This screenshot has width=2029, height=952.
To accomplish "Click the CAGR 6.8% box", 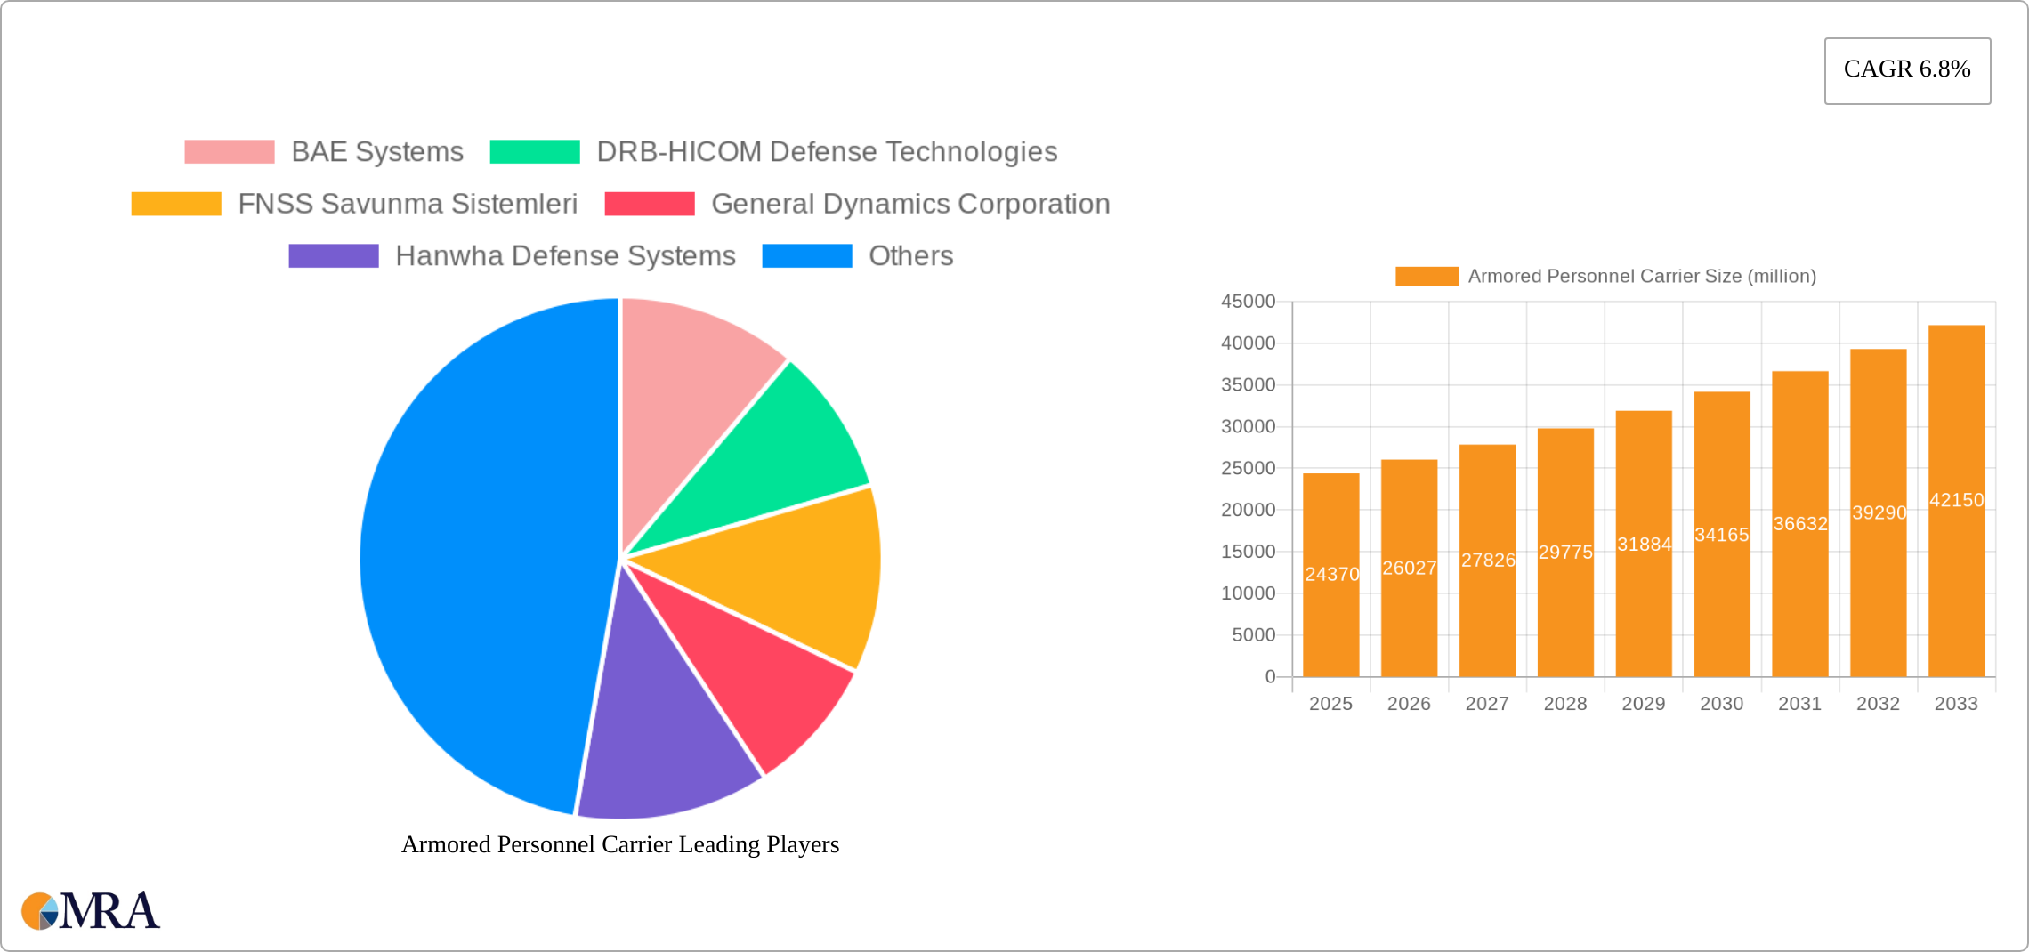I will [x=1907, y=70].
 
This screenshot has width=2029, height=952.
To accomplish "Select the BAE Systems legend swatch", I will [x=229, y=152].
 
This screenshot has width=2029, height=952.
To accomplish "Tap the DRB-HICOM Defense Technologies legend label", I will [x=827, y=152].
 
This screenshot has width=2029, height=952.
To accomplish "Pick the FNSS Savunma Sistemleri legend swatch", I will [x=175, y=204].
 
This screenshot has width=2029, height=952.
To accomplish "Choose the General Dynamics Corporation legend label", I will [x=910, y=204].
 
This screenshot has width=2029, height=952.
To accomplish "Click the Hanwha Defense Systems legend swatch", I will [x=333, y=256].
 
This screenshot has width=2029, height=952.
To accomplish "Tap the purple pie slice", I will [x=667, y=730].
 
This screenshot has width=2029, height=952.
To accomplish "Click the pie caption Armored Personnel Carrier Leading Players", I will [x=620, y=844].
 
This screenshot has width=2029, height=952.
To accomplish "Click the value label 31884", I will [x=1644, y=545].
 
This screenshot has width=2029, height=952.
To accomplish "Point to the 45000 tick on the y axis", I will [x=1248, y=302].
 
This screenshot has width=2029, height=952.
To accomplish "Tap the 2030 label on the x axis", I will [x=1721, y=704].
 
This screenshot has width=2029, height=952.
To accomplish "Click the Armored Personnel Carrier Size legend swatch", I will [x=1427, y=277].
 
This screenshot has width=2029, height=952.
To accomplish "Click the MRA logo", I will [x=90, y=911].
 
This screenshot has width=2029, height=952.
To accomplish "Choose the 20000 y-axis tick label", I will [x=1248, y=510].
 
